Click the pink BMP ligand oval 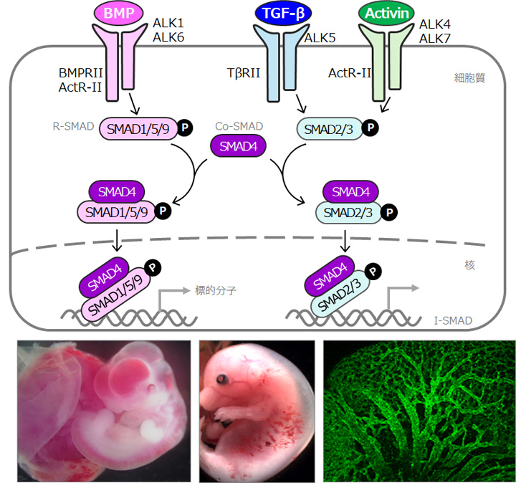[119, 13]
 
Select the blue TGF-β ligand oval [283, 13]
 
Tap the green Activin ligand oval [386, 13]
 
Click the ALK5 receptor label [320, 38]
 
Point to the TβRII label [244, 72]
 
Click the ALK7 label [434, 39]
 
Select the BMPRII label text [80, 72]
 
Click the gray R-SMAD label [73, 126]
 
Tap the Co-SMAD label [239, 126]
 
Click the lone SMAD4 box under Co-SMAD [238, 146]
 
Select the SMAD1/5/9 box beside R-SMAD [138, 129]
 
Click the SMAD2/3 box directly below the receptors [330, 129]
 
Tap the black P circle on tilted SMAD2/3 [373, 272]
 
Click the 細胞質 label [469, 78]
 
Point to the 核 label [469, 265]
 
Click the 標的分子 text [216, 290]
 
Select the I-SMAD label [453, 320]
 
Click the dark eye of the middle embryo [221, 379]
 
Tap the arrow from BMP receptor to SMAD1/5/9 [134, 104]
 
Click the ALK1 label [168, 23]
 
